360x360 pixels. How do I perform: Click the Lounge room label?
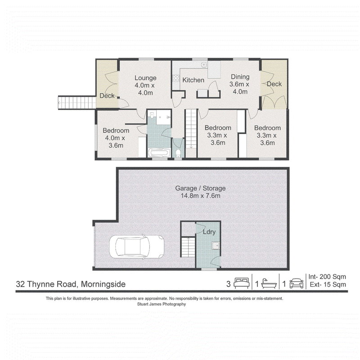coord(145,78)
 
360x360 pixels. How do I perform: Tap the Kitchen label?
coord(193,80)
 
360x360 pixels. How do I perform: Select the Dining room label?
coord(240,76)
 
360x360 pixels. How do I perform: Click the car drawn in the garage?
coord(137,247)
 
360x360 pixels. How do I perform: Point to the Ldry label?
coord(209,232)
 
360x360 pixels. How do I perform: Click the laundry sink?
coord(216,246)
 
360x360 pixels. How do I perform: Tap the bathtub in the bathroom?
coord(159,153)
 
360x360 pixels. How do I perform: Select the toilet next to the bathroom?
coord(178,153)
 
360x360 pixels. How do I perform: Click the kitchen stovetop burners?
coord(176,78)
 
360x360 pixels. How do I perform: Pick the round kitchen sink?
coord(204,65)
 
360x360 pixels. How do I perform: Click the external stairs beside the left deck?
coord(77,103)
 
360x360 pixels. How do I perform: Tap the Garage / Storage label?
coord(200,188)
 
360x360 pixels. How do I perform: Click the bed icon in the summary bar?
coord(242,283)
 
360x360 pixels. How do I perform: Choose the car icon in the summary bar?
coord(297,283)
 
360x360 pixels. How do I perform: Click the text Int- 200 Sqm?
coord(327,277)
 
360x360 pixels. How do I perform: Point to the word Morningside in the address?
coord(103,284)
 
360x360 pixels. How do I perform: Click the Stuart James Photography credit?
coord(162,304)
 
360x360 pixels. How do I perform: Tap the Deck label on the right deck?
coord(274,84)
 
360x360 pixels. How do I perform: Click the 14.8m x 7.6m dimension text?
coord(200,196)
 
